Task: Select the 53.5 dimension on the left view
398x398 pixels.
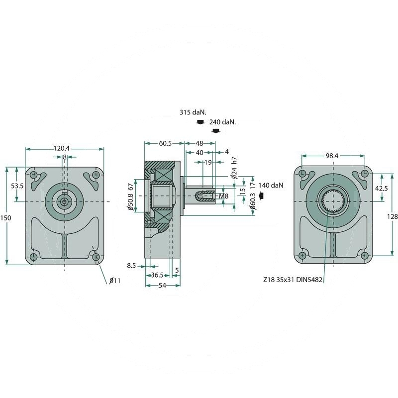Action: (17, 186)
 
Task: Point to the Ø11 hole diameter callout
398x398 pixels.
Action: (115, 281)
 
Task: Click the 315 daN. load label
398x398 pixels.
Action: (193, 113)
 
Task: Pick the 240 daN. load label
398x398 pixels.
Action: (222, 122)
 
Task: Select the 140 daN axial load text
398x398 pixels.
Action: (271, 186)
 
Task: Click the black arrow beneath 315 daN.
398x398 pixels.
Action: (199, 122)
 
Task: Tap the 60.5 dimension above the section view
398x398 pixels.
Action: (159, 143)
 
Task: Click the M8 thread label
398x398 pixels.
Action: (224, 197)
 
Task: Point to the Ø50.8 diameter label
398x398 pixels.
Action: (130, 202)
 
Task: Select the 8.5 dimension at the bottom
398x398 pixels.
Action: (131, 266)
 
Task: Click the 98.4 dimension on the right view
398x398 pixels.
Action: (332, 156)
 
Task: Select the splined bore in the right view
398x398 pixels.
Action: (332, 201)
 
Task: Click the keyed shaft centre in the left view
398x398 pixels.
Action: (64, 201)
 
